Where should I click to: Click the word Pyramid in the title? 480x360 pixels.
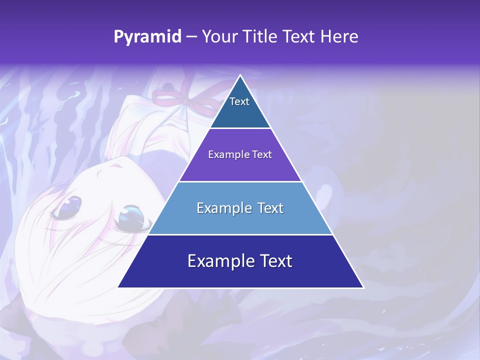pos(147,37)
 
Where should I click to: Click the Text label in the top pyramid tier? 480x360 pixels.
pos(239,101)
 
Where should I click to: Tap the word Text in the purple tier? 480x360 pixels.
pos(261,154)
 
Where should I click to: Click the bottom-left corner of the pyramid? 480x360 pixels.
pos(118,287)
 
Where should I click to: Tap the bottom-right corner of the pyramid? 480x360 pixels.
pos(363,287)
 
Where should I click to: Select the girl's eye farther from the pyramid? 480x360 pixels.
pos(67,206)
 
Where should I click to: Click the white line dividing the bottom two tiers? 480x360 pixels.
pos(240,234)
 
